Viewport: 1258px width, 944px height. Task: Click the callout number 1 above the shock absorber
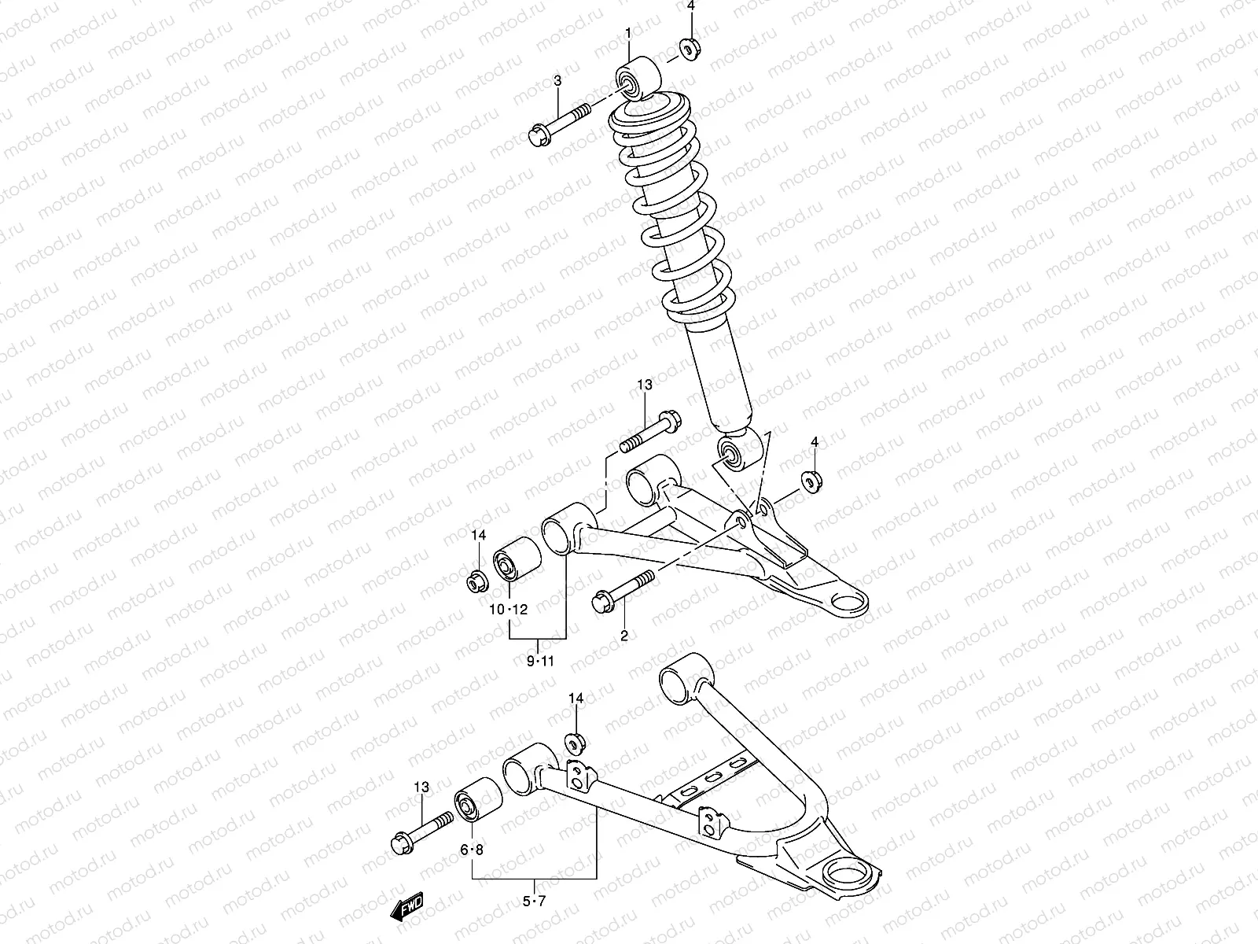[629, 33]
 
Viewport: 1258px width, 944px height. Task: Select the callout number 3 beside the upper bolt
[557, 80]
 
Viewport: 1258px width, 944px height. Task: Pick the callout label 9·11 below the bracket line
[541, 662]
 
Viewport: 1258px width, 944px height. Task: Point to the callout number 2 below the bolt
[624, 636]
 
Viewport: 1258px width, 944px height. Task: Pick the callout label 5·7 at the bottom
[534, 902]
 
